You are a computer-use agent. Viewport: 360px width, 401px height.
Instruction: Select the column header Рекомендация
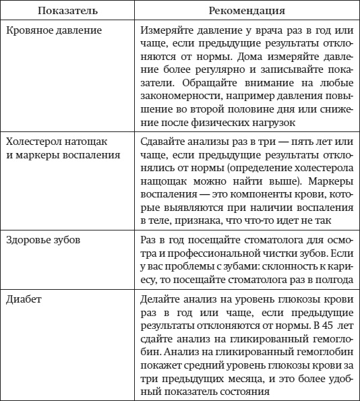[x=247, y=11]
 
